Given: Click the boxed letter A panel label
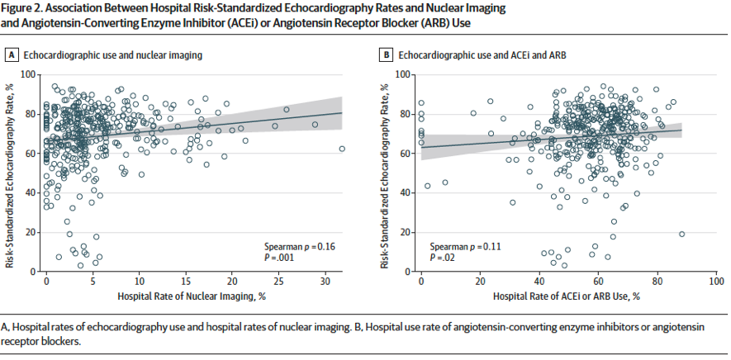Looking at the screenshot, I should click(x=12, y=55).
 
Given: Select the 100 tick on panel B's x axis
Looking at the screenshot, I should click(x=715, y=282).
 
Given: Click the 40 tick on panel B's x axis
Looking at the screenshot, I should click(x=539, y=282).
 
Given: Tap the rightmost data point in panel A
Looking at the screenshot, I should click(x=342, y=149).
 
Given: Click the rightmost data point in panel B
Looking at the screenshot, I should click(x=681, y=234).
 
